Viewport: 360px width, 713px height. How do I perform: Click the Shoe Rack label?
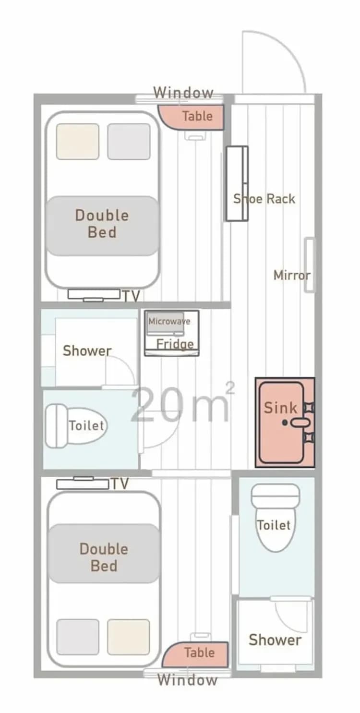coord(264,198)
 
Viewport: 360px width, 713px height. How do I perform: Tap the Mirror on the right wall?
coord(310,265)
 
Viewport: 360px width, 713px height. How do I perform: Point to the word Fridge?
coord(175,344)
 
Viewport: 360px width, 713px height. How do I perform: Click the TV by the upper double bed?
coord(94,294)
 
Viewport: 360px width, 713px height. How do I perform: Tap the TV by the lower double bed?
coord(83,483)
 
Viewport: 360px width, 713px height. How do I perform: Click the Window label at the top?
coord(183,92)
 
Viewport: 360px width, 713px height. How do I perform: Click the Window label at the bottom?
coord(187,680)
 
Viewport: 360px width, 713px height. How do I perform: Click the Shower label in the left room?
coord(87,350)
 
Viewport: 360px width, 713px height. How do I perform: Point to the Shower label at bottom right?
coord(275,640)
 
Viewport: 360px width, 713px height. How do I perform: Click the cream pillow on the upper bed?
coord(78,141)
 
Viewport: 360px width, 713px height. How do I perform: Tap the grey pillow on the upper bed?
coord(129,141)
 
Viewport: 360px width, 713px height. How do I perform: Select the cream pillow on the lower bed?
coord(128,637)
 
